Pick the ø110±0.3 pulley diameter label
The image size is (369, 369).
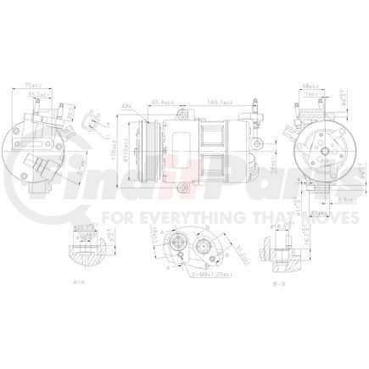(x=125, y=153)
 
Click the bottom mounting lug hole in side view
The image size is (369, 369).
(x=181, y=184)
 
